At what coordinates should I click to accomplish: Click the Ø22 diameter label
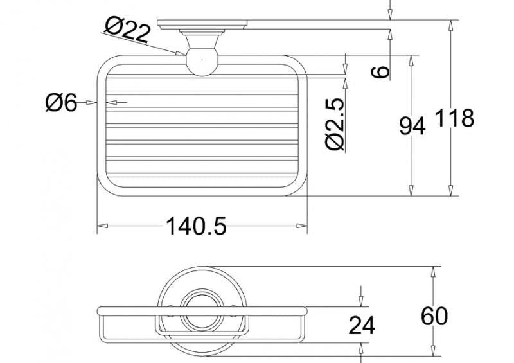click(x=128, y=30)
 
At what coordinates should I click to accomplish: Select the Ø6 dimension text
click(x=61, y=102)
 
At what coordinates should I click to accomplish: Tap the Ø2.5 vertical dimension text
click(x=335, y=124)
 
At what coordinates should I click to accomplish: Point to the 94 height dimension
click(x=412, y=125)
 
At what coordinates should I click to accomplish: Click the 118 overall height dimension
click(x=454, y=118)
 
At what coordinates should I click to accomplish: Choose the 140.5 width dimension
click(x=196, y=226)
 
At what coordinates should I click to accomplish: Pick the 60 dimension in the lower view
click(x=434, y=316)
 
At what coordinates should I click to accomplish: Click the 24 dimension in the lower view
click(x=362, y=325)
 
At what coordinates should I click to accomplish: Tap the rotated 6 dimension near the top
click(x=380, y=72)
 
